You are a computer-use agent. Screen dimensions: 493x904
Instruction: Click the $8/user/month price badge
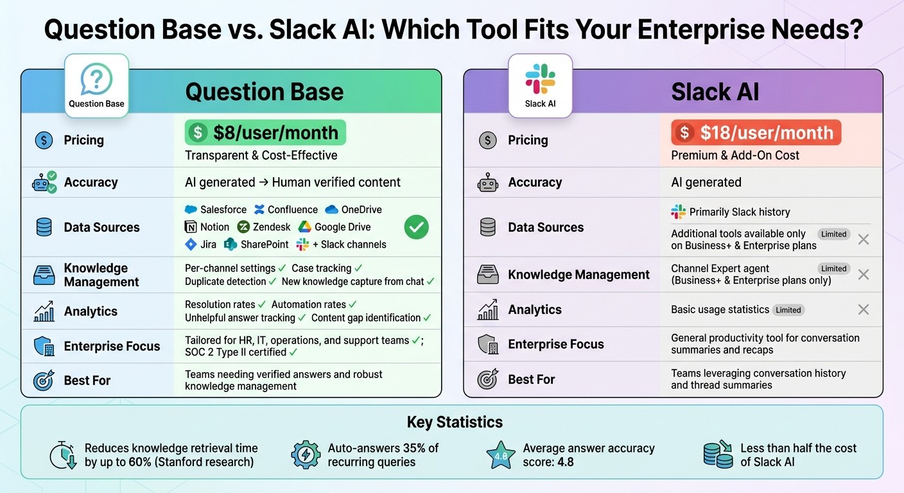pyautogui.click(x=265, y=133)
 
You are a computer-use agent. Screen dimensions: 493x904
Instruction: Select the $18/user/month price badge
pyautogui.click(x=756, y=133)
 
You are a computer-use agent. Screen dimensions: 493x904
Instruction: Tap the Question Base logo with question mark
pyautogui.click(x=96, y=86)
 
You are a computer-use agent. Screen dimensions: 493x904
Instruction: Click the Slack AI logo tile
pyautogui.click(x=540, y=86)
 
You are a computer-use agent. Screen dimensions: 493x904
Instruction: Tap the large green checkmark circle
pyautogui.click(x=416, y=227)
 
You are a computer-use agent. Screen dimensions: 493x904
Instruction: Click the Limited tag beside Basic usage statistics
pyautogui.click(x=788, y=310)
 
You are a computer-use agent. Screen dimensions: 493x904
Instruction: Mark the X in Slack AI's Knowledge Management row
pyautogui.click(x=864, y=274)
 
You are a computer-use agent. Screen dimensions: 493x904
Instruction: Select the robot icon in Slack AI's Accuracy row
pyautogui.click(x=488, y=183)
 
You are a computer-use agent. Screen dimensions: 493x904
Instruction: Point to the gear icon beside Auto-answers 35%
pyautogui.click(x=306, y=455)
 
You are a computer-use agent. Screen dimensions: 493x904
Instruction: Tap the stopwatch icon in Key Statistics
pyautogui.click(x=63, y=456)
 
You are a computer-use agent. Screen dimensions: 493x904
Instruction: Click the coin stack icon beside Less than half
pyautogui.click(x=718, y=454)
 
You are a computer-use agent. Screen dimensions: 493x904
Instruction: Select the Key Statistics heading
pyautogui.click(x=455, y=422)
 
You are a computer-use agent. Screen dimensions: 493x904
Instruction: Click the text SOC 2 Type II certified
pyautogui.click(x=236, y=352)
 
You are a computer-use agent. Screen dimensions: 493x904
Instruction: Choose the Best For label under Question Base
pyautogui.click(x=87, y=381)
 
